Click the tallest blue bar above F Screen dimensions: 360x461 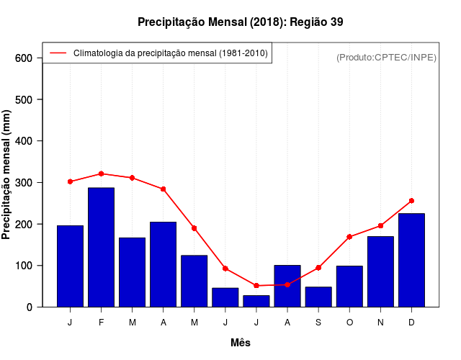tap(101, 247)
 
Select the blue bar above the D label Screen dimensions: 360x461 tap(411, 260)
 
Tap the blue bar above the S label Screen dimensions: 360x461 tap(318, 297)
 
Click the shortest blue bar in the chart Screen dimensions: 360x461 tap(256, 301)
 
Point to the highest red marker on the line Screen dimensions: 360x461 tap(101, 174)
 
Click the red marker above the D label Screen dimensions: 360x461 tap(411, 201)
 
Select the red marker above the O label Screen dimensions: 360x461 tap(349, 237)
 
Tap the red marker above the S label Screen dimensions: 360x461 tap(318, 268)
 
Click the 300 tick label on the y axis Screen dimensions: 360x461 tap(23, 183)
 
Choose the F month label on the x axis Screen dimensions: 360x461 tap(101, 323)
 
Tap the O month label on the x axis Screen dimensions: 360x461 tap(349, 323)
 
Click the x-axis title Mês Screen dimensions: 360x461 tap(241, 343)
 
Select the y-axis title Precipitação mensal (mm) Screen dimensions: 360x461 tap(7, 175)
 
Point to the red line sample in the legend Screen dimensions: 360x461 tap(58, 53)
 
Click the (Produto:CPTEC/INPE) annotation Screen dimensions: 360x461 tap(386, 57)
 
